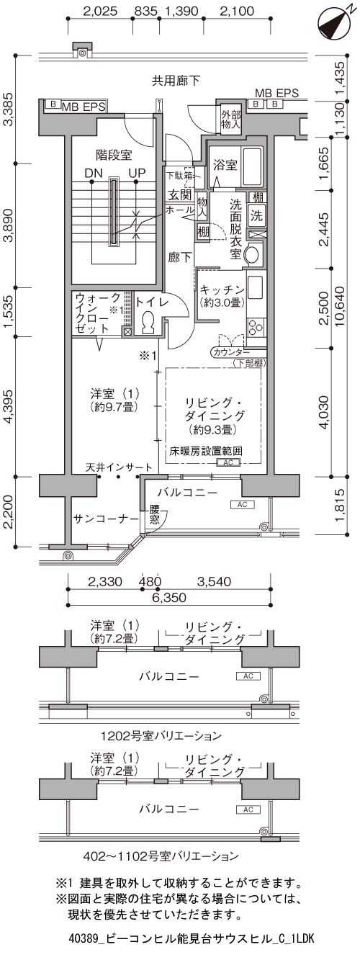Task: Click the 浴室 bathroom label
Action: pyautogui.click(x=225, y=165)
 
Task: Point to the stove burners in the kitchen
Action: pyautogui.click(x=256, y=326)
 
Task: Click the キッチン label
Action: pyautogui.click(x=222, y=290)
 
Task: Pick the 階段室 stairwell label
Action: pyautogui.click(x=114, y=154)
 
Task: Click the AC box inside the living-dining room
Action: pyautogui.click(x=228, y=463)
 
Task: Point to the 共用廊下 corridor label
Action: pyautogui.click(x=176, y=80)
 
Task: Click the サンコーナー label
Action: pyautogui.click(x=106, y=519)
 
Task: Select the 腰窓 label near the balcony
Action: pyautogui.click(x=155, y=515)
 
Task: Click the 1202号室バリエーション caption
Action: pyautogui.click(x=161, y=736)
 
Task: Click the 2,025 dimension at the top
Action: pyautogui.click(x=100, y=11)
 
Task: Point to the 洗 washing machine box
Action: pyautogui.click(x=256, y=215)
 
